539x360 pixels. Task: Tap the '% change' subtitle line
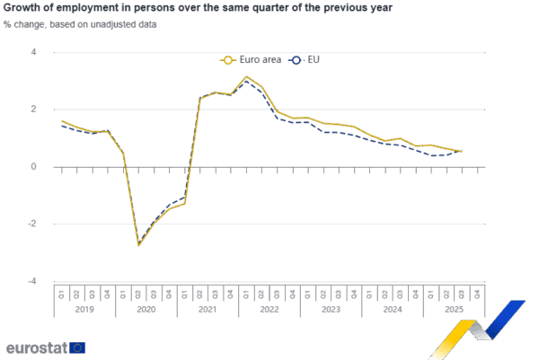pos(80,24)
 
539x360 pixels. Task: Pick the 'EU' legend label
pos(314,60)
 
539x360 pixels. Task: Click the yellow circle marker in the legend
pos(228,60)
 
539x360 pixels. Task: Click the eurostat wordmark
pos(36,347)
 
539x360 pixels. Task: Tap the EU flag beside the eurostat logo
pos(78,347)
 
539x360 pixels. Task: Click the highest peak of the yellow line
pos(247,76)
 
